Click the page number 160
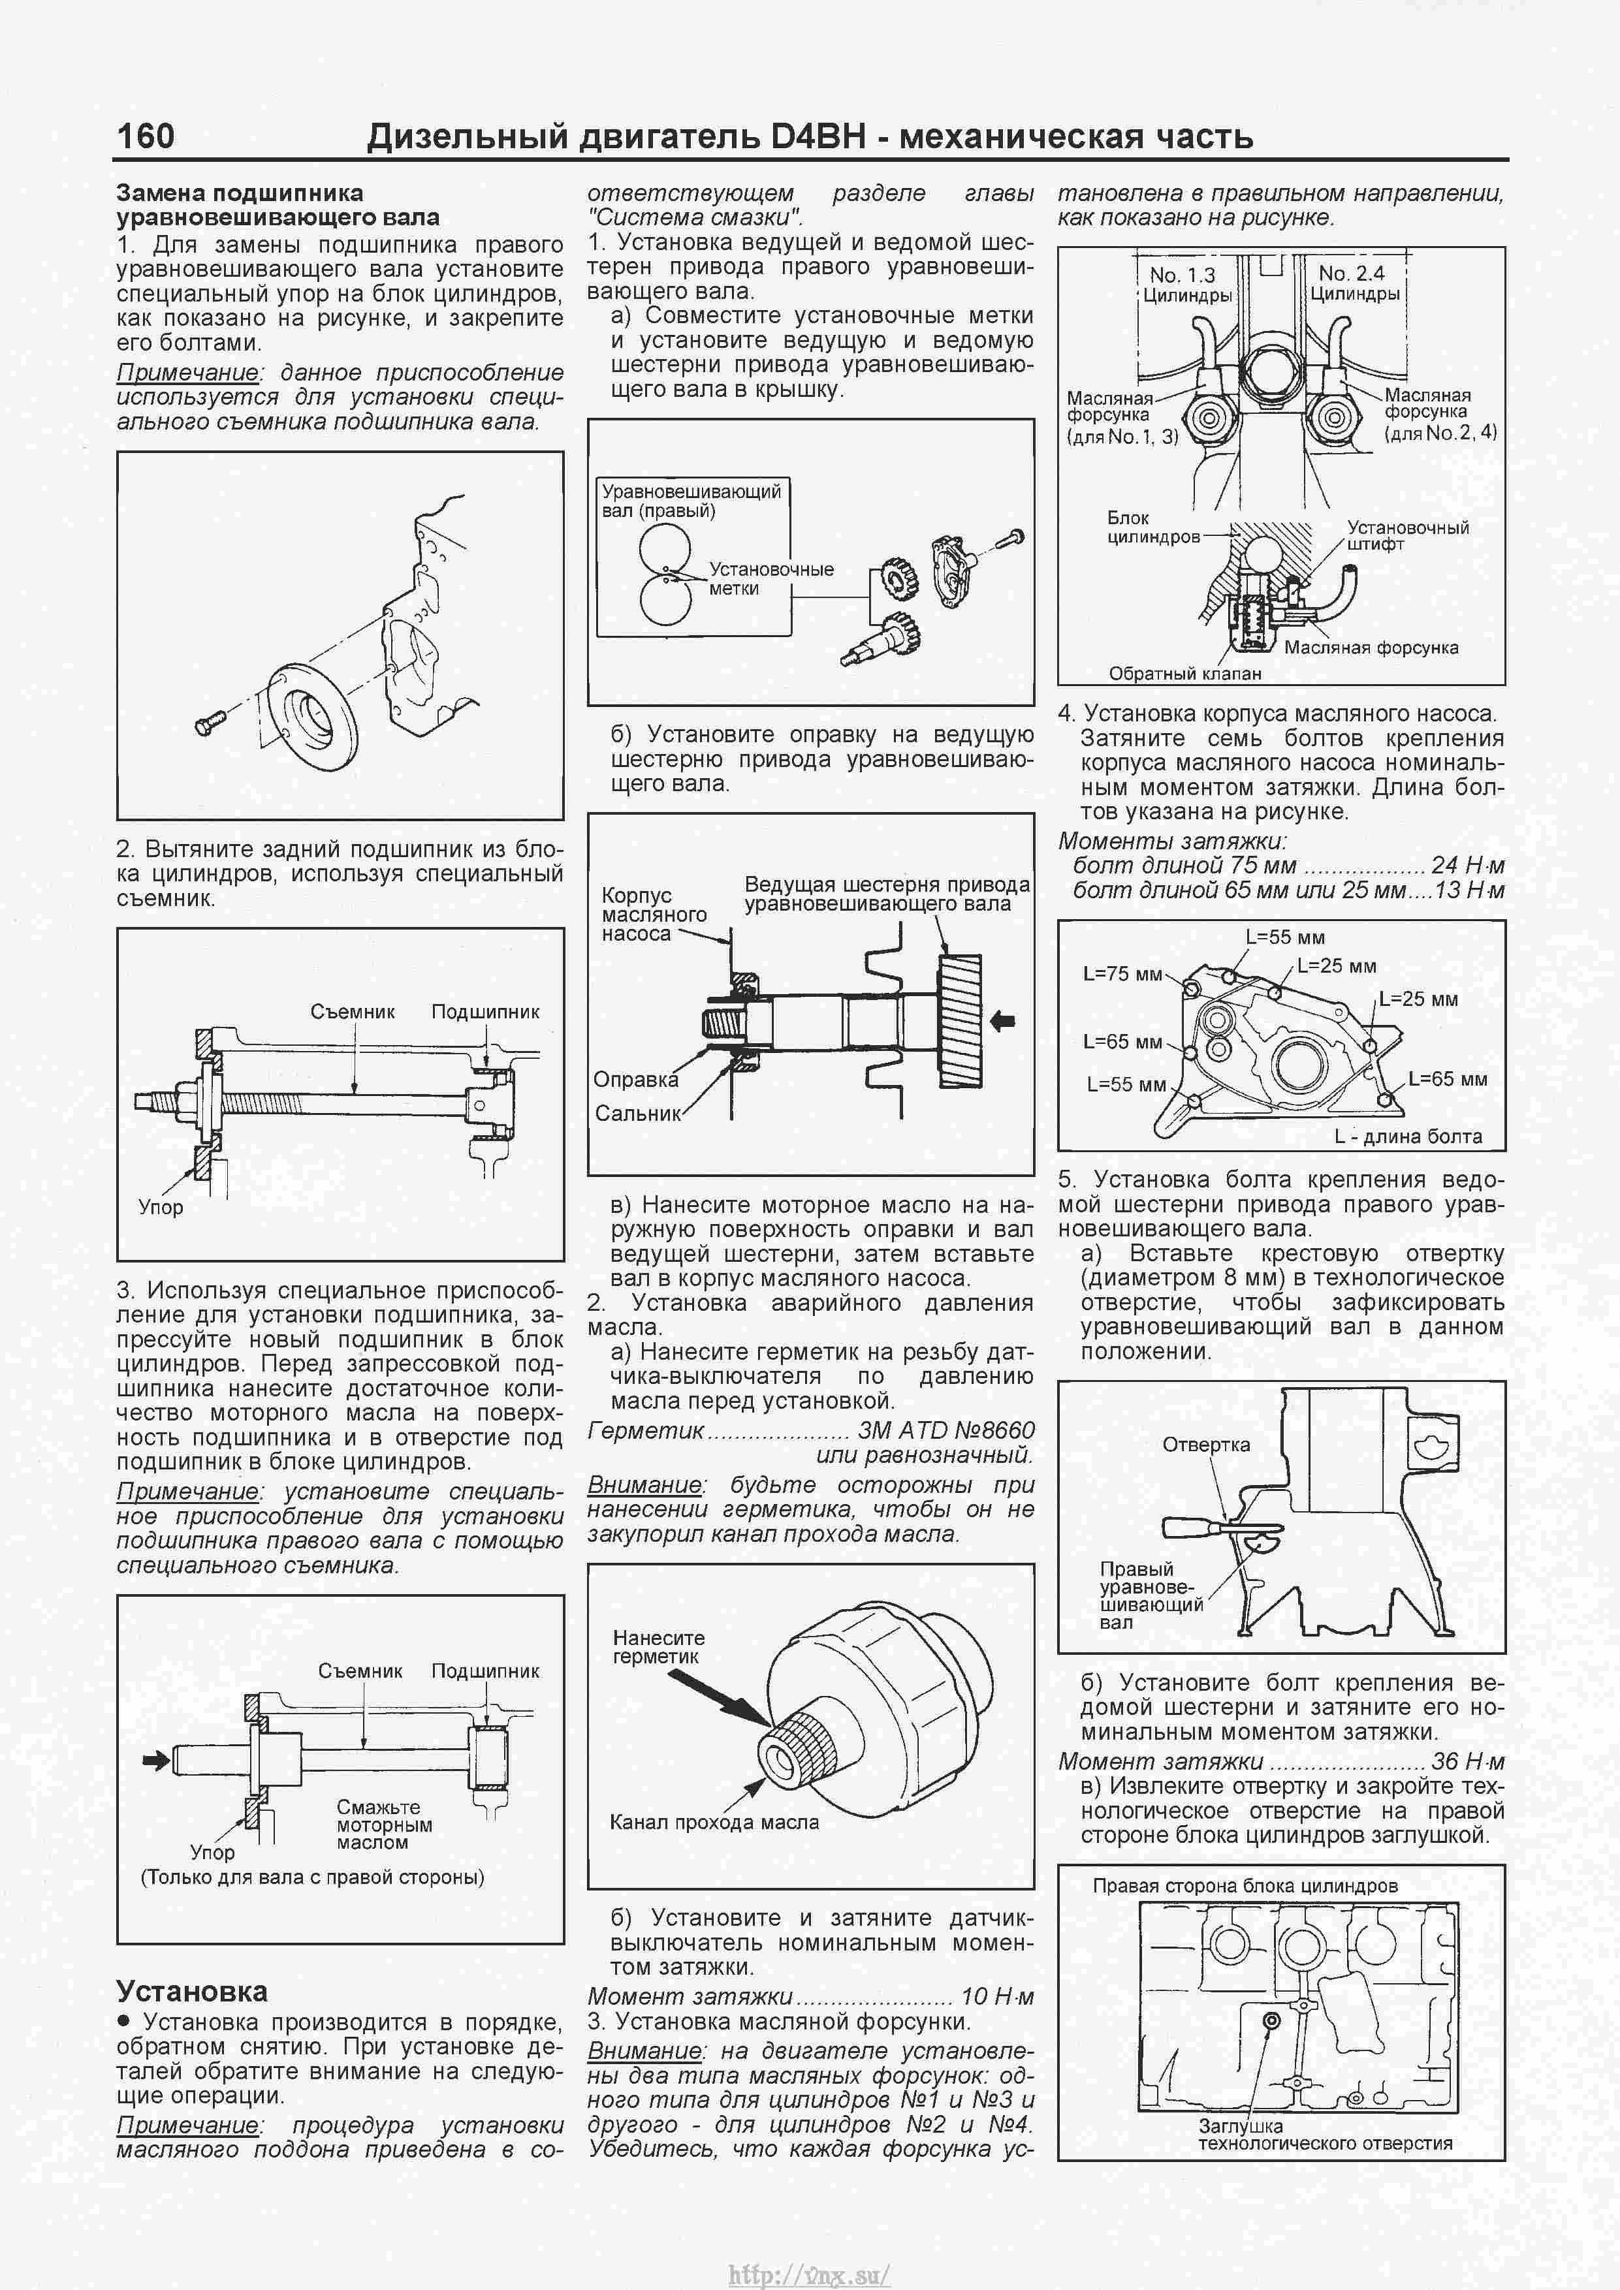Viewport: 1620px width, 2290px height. click(x=146, y=136)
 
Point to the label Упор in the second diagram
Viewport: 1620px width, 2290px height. click(x=161, y=1208)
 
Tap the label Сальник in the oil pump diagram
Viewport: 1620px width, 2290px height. click(x=637, y=1113)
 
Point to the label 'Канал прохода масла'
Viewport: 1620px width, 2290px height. click(x=713, y=1822)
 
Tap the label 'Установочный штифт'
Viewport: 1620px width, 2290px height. click(x=1406, y=535)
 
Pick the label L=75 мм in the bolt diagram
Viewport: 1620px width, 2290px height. click(x=1122, y=973)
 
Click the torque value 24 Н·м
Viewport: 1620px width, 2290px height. click(x=1467, y=866)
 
